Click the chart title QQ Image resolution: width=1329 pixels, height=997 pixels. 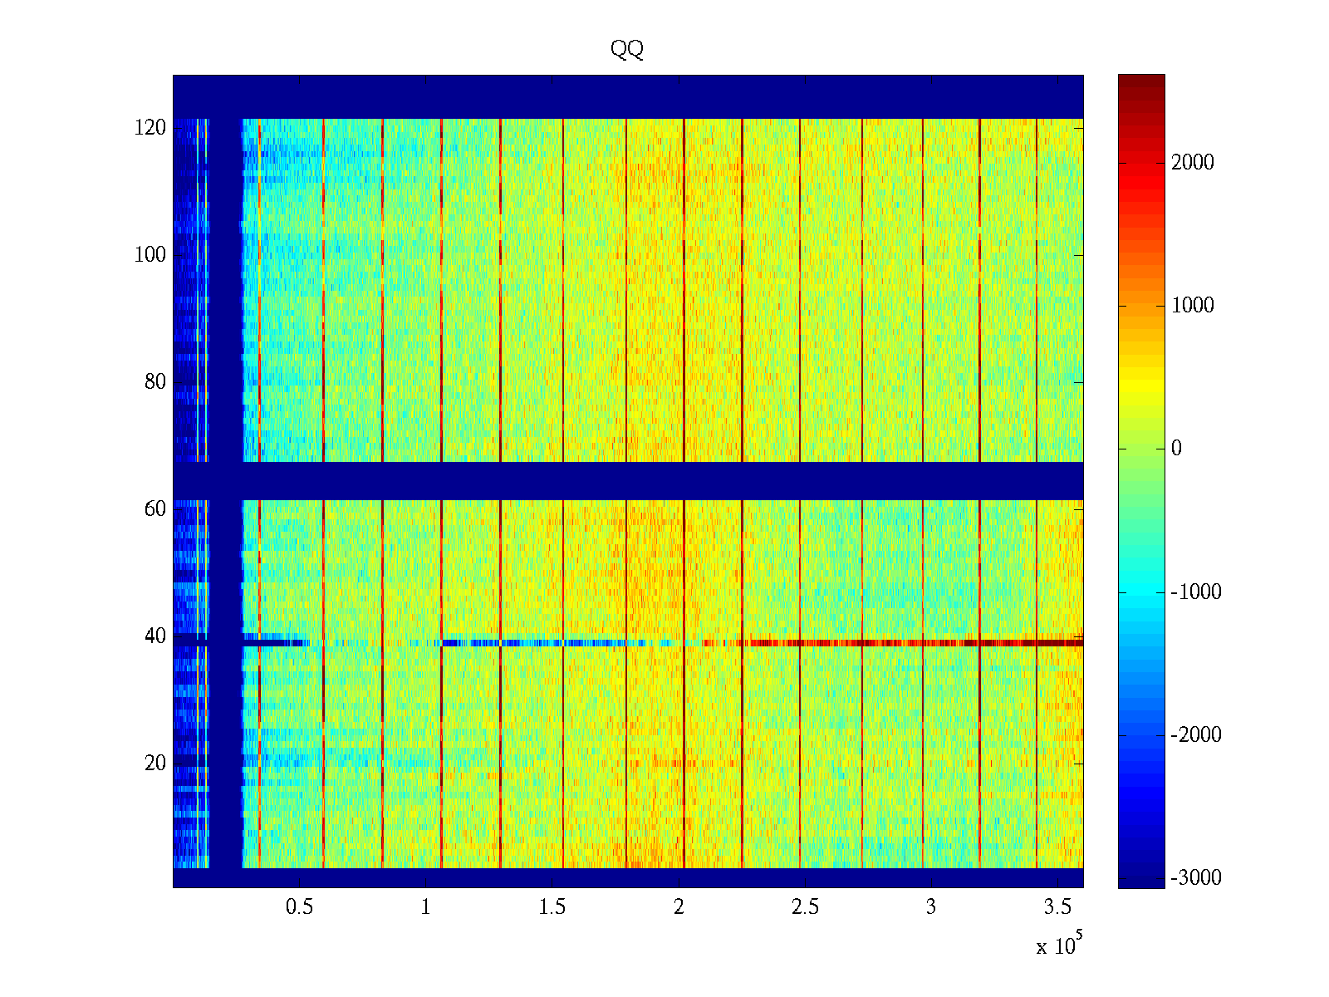point(627,50)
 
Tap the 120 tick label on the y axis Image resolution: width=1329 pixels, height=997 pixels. point(150,128)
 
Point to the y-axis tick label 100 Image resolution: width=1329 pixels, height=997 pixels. point(150,255)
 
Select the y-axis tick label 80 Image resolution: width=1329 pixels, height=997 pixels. point(155,382)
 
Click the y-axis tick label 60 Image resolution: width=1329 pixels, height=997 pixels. point(155,509)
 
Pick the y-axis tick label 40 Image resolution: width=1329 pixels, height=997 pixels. point(155,636)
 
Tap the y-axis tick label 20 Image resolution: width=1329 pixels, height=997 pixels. point(155,764)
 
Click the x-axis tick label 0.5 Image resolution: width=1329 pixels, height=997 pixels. point(299,907)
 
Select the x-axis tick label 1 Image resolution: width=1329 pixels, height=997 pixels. point(426,907)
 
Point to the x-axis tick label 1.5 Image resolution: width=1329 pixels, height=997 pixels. point(552,907)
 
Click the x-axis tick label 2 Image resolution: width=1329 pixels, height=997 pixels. point(679,907)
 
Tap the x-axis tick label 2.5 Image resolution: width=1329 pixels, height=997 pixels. point(805,907)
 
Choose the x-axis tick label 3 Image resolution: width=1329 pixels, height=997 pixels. point(931,907)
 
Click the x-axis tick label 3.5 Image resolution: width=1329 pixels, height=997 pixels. point(1057,907)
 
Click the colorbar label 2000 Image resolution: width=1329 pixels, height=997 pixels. point(1193,163)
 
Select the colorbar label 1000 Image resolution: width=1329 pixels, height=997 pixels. point(1193,306)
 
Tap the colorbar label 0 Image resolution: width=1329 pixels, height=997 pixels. point(1176,449)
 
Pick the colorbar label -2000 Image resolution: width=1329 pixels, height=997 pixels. point(1196,735)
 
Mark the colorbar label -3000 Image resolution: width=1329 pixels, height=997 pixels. point(1196,878)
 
